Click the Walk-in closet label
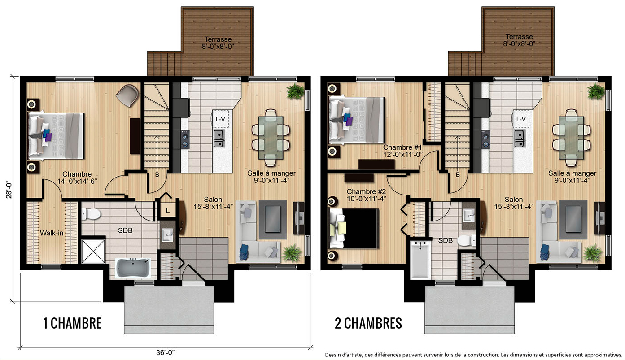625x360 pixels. click(x=52, y=233)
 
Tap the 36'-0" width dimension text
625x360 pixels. click(x=166, y=352)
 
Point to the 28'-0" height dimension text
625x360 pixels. click(x=9, y=189)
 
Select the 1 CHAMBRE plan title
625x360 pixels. click(x=73, y=323)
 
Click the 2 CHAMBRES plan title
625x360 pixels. click(x=368, y=323)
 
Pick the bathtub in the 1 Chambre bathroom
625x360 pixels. click(x=133, y=268)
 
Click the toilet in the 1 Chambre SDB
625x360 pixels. click(x=91, y=214)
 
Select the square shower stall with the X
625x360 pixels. click(x=93, y=251)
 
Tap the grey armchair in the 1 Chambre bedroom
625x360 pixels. click(x=127, y=95)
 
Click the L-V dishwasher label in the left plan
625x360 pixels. click(x=220, y=119)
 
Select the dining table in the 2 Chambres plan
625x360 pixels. click(x=571, y=138)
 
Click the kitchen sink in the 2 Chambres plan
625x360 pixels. click(x=520, y=139)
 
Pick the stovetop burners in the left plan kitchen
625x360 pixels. click(x=185, y=139)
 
